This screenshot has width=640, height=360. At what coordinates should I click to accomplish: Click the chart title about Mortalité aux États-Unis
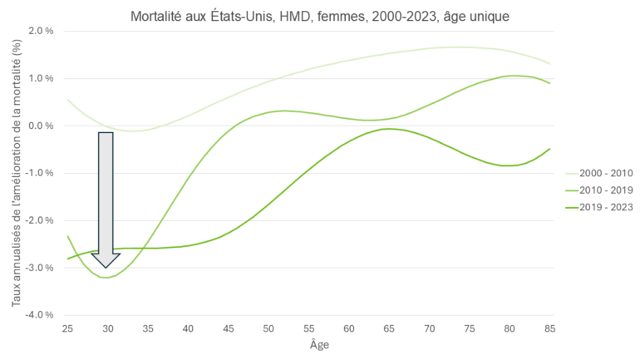pos(320,15)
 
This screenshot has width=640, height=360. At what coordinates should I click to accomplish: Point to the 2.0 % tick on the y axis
pos(42,31)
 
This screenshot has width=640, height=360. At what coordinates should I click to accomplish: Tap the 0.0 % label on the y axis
pos(42,126)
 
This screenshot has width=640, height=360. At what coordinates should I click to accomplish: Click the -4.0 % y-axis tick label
pos(40,315)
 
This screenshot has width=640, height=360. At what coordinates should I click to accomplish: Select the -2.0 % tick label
pos(40,220)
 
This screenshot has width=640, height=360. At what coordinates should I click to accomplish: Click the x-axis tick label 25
pos(67,329)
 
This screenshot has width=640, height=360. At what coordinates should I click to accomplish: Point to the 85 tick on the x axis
pos(549,329)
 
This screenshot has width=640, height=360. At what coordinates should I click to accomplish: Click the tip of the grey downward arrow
pos(106,268)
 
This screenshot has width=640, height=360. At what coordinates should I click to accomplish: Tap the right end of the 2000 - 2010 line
pos(549,64)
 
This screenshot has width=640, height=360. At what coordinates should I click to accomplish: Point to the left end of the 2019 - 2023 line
pos(67,259)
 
